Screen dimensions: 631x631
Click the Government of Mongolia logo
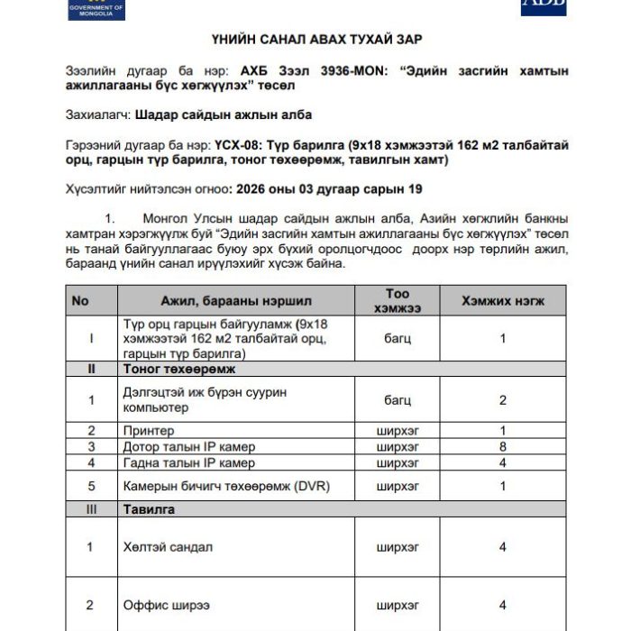click(x=96, y=9)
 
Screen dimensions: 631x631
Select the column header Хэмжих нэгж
click(x=503, y=300)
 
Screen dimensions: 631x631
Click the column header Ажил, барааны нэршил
click(x=236, y=300)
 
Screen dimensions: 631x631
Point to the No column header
click(x=80, y=300)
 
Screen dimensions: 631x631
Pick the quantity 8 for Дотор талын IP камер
click(x=503, y=446)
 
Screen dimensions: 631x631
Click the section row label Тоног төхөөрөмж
click(x=178, y=370)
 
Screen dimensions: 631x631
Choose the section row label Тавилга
click(x=149, y=509)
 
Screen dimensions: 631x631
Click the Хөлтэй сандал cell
click(x=168, y=547)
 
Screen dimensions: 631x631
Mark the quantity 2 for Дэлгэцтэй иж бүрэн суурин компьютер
click(x=503, y=400)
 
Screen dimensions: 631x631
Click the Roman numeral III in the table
click(x=91, y=509)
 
